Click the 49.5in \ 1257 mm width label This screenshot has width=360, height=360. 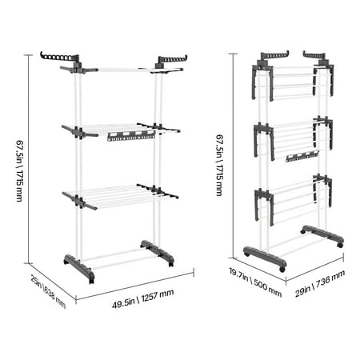tap(143, 299)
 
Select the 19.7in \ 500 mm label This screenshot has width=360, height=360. tap(255, 282)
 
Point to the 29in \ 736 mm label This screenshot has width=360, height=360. tap(320, 283)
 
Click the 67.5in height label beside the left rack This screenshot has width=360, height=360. tap(20, 170)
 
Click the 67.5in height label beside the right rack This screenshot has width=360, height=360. tap(220, 166)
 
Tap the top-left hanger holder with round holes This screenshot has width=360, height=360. tap(60, 57)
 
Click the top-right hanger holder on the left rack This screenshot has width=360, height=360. tap(172, 59)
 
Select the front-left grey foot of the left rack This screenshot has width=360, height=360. tap(79, 268)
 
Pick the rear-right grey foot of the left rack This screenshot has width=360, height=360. tap(158, 253)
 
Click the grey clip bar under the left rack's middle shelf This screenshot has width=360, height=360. tap(131, 136)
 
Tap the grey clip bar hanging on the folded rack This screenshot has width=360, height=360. tap(302, 156)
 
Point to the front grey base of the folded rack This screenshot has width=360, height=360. tap(265, 258)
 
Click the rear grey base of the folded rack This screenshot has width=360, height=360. tap(322, 236)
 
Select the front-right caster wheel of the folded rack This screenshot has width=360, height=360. tap(282, 269)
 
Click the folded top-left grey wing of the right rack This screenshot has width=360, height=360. tap(262, 82)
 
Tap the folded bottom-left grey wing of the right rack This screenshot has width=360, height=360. tap(264, 206)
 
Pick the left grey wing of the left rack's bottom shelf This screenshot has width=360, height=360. tap(79, 201)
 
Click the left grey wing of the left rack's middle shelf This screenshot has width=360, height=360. tap(79, 131)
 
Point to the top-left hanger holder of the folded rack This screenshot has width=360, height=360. tap(274, 55)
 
